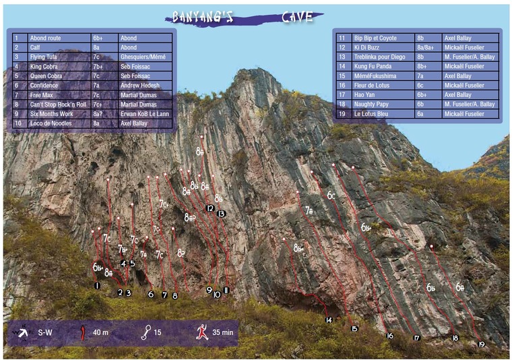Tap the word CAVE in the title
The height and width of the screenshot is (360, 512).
point(297,17)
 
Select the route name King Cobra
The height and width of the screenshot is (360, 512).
point(46,67)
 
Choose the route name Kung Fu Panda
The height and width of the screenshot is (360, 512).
point(373,67)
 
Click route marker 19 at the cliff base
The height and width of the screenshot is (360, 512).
point(481,344)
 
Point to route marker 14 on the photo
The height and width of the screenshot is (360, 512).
point(329,320)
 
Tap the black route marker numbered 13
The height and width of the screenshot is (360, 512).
point(221,214)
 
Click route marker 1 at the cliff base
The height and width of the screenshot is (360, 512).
point(97,285)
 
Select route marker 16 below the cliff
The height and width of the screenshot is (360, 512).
point(389,335)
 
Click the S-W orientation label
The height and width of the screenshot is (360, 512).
point(46,333)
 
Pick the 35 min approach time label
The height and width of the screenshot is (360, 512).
point(223,333)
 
